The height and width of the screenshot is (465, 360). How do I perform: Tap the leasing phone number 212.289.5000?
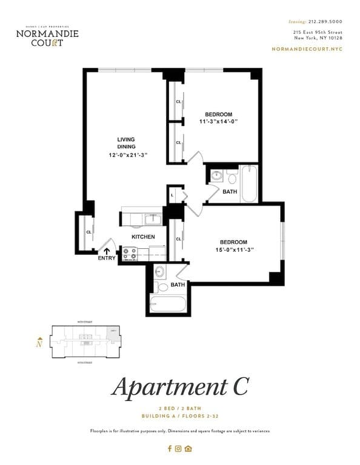[325, 22]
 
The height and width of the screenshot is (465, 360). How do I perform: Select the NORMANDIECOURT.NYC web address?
[307, 48]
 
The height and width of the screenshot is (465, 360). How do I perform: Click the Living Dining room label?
[126, 143]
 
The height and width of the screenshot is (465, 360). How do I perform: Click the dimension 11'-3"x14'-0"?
[218, 122]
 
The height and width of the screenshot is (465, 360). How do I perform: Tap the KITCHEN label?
[143, 237]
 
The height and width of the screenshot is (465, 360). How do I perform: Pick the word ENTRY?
[107, 259]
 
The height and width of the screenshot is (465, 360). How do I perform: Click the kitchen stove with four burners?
[130, 254]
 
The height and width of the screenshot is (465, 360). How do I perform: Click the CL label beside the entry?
[88, 231]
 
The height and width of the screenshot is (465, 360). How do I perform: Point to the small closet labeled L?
[173, 195]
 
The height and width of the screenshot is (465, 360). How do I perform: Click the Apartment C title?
[179, 386]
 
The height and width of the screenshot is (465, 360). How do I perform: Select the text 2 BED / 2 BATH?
[179, 409]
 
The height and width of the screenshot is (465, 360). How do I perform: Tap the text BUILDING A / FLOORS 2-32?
[179, 417]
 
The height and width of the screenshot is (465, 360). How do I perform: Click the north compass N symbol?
[39, 343]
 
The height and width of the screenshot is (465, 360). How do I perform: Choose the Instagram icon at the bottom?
[178, 449]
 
